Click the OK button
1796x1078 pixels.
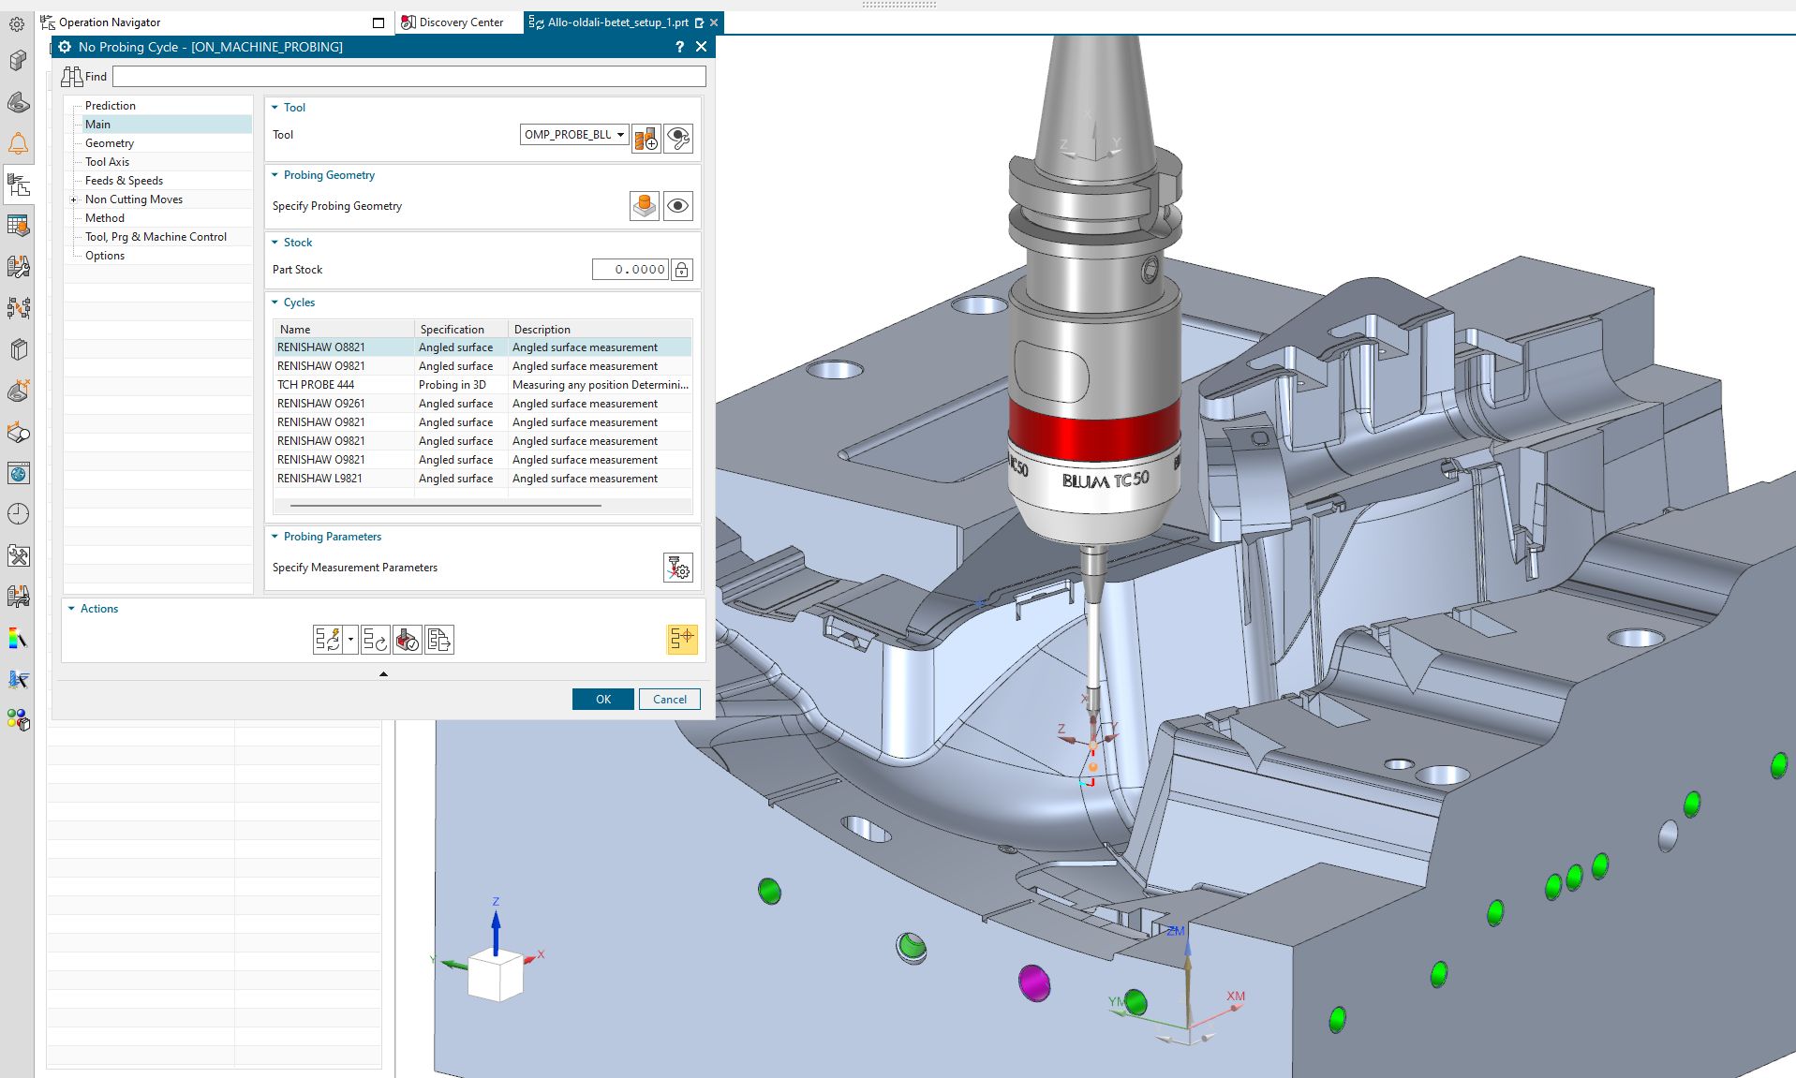(602, 700)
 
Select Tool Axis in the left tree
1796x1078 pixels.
(107, 162)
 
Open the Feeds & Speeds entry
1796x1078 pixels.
(124, 181)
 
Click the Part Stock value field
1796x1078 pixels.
(630, 270)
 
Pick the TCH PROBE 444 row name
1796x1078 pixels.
(316, 385)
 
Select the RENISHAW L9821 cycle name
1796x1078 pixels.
(319, 479)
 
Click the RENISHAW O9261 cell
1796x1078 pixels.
(321, 404)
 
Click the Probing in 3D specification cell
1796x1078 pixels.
(453, 385)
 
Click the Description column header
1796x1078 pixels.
(542, 330)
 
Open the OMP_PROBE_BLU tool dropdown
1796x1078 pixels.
(620, 135)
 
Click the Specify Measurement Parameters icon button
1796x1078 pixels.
(677, 568)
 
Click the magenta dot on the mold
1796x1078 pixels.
(1033, 982)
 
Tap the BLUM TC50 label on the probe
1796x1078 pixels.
(1105, 480)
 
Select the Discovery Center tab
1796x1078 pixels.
(460, 22)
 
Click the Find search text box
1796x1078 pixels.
(408, 77)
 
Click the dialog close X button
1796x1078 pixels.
(701, 47)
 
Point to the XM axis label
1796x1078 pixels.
(1236, 997)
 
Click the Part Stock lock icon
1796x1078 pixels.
(682, 270)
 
